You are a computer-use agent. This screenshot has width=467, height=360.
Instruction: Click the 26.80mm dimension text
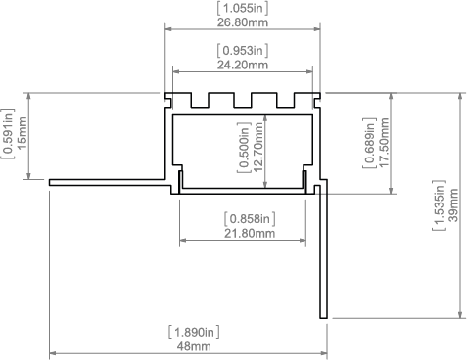coord(243,22)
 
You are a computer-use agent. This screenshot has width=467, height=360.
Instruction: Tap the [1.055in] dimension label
coord(243,8)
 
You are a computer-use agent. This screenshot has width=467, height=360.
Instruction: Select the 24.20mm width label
coord(243,65)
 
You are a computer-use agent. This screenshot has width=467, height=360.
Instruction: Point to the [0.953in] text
coord(243,51)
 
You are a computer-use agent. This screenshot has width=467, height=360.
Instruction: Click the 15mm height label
coord(23,133)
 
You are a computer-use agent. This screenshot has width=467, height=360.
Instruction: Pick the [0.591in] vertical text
coord(9,133)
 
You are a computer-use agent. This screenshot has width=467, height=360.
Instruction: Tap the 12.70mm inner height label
coord(257,148)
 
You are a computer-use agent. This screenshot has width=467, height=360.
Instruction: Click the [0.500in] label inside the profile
coord(244,148)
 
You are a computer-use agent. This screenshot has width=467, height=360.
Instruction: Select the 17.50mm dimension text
coord(384,143)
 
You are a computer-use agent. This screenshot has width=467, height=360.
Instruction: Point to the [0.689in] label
coord(370,143)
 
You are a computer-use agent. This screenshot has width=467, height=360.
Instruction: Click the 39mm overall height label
coord(453,205)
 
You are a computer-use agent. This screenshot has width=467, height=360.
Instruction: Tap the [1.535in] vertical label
coord(440,205)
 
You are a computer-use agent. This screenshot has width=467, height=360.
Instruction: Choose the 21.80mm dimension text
coord(250,233)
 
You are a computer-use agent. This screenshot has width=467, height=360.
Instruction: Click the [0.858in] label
coord(250,219)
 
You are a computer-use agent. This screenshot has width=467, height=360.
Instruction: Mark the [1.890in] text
coord(194,333)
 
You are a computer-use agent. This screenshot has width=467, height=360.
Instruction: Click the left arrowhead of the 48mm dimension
coord(53,353)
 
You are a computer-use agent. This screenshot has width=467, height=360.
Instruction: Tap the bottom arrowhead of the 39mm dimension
coord(460,314)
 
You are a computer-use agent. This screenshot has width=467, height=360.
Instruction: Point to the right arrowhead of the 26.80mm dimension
coord(316,29)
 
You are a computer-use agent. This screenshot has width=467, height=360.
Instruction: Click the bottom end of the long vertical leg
coord(323,318)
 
